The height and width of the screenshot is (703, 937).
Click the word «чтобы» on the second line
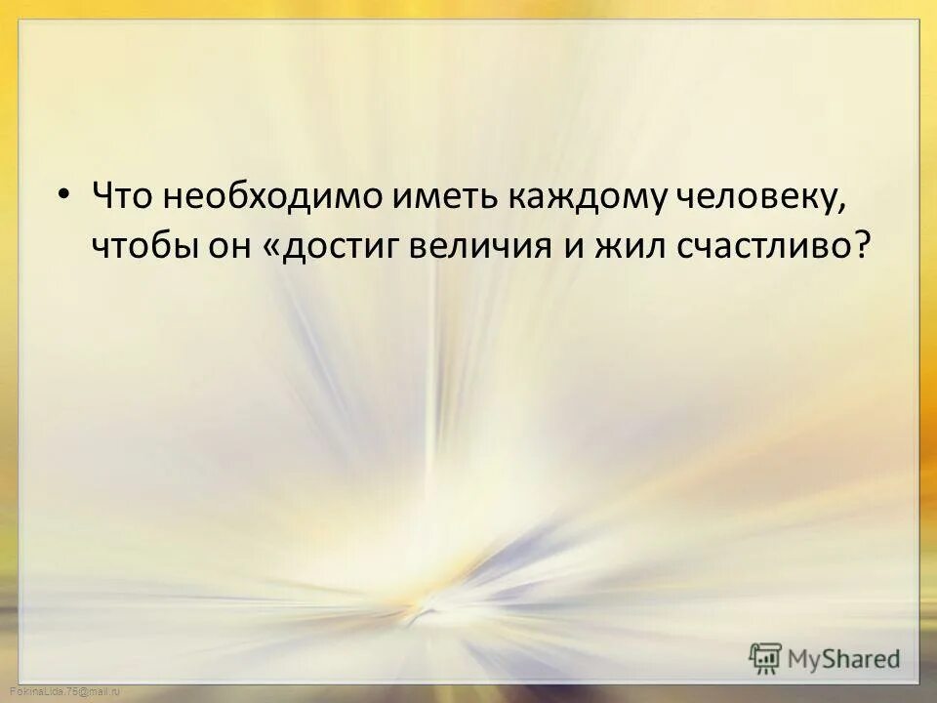pos(142,247)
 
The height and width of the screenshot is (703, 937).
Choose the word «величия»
pos(489,247)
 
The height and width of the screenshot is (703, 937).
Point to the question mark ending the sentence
pos(859,246)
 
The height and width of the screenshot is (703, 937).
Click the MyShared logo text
pos(845,658)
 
